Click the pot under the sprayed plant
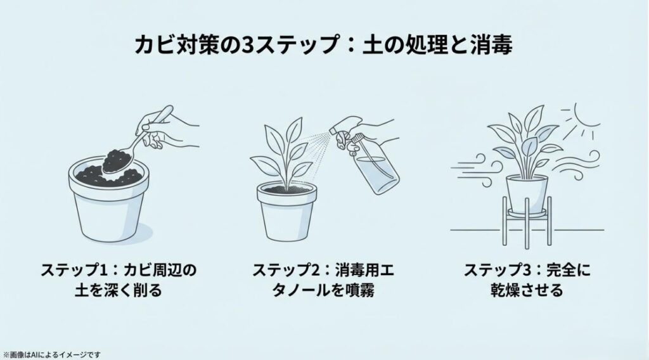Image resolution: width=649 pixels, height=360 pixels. [286, 212]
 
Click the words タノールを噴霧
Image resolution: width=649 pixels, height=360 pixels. [323, 292]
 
